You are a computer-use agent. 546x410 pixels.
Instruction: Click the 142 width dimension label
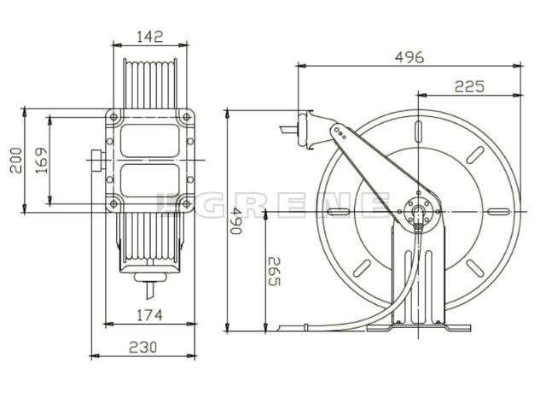coord(150,37)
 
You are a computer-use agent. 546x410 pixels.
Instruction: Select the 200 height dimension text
coord(15,159)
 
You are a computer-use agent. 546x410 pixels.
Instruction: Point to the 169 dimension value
coord(41,160)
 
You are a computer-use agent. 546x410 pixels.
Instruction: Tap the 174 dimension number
coord(149,315)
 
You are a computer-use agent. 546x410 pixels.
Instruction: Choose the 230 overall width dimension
coord(142,347)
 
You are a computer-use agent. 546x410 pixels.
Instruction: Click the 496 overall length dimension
coord(409,57)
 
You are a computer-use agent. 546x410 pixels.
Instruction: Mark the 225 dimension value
coord(469,85)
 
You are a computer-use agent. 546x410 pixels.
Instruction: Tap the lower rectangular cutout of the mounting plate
coord(150,180)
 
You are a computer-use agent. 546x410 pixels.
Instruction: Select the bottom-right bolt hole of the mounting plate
coord(189,203)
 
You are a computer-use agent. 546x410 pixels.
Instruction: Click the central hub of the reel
coord(417,211)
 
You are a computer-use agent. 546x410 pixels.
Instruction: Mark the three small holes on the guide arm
coord(340,132)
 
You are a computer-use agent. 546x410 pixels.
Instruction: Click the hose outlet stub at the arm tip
coord(288,131)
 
